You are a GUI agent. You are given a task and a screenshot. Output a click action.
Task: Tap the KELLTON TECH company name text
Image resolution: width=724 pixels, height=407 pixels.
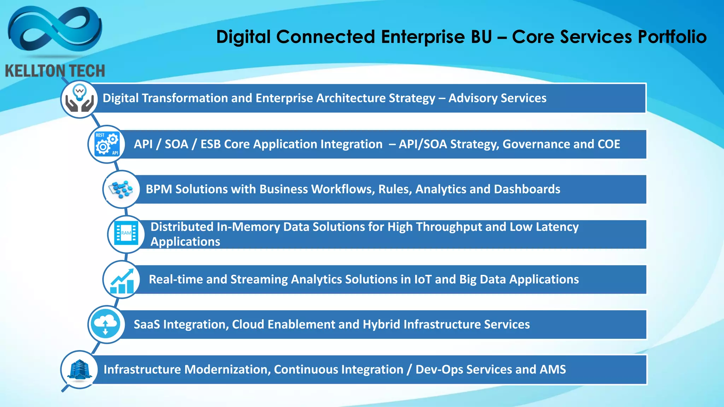point(55,71)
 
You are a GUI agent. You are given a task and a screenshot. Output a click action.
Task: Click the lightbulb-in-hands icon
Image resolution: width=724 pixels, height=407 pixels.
point(80,99)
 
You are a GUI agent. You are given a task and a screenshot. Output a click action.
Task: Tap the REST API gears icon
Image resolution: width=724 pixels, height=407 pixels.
point(107,144)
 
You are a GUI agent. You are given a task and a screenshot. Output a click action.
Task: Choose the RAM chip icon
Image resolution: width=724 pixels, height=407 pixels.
point(126,234)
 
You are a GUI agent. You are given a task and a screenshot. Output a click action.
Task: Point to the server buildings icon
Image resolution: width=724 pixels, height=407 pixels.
point(80,369)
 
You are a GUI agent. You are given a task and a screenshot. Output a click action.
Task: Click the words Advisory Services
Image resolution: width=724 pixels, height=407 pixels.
point(497,98)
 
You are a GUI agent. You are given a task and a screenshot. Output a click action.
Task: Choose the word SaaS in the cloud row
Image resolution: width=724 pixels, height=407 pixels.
point(147,324)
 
